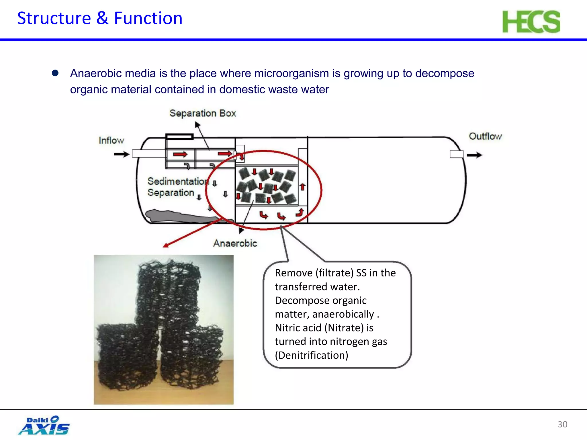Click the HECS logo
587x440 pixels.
[x=531, y=22]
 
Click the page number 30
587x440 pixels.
[x=562, y=424]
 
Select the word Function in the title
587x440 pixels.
[x=148, y=18]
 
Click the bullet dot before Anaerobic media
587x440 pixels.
[x=55, y=73]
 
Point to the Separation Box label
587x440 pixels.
[x=202, y=113]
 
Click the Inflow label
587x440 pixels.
[x=111, y=140]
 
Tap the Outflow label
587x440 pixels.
[x=485, y=136]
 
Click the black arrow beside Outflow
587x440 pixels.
[x=474, y=155]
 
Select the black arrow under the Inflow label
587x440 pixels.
[x=122, y=154]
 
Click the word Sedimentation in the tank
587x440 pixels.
[x=178, y=181]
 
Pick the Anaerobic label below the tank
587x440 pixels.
[x=235, y=243]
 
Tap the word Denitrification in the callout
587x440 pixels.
[x=312, y=355]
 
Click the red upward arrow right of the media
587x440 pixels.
[x=302, y=187]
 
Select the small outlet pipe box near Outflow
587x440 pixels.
[x=457, y=154]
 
